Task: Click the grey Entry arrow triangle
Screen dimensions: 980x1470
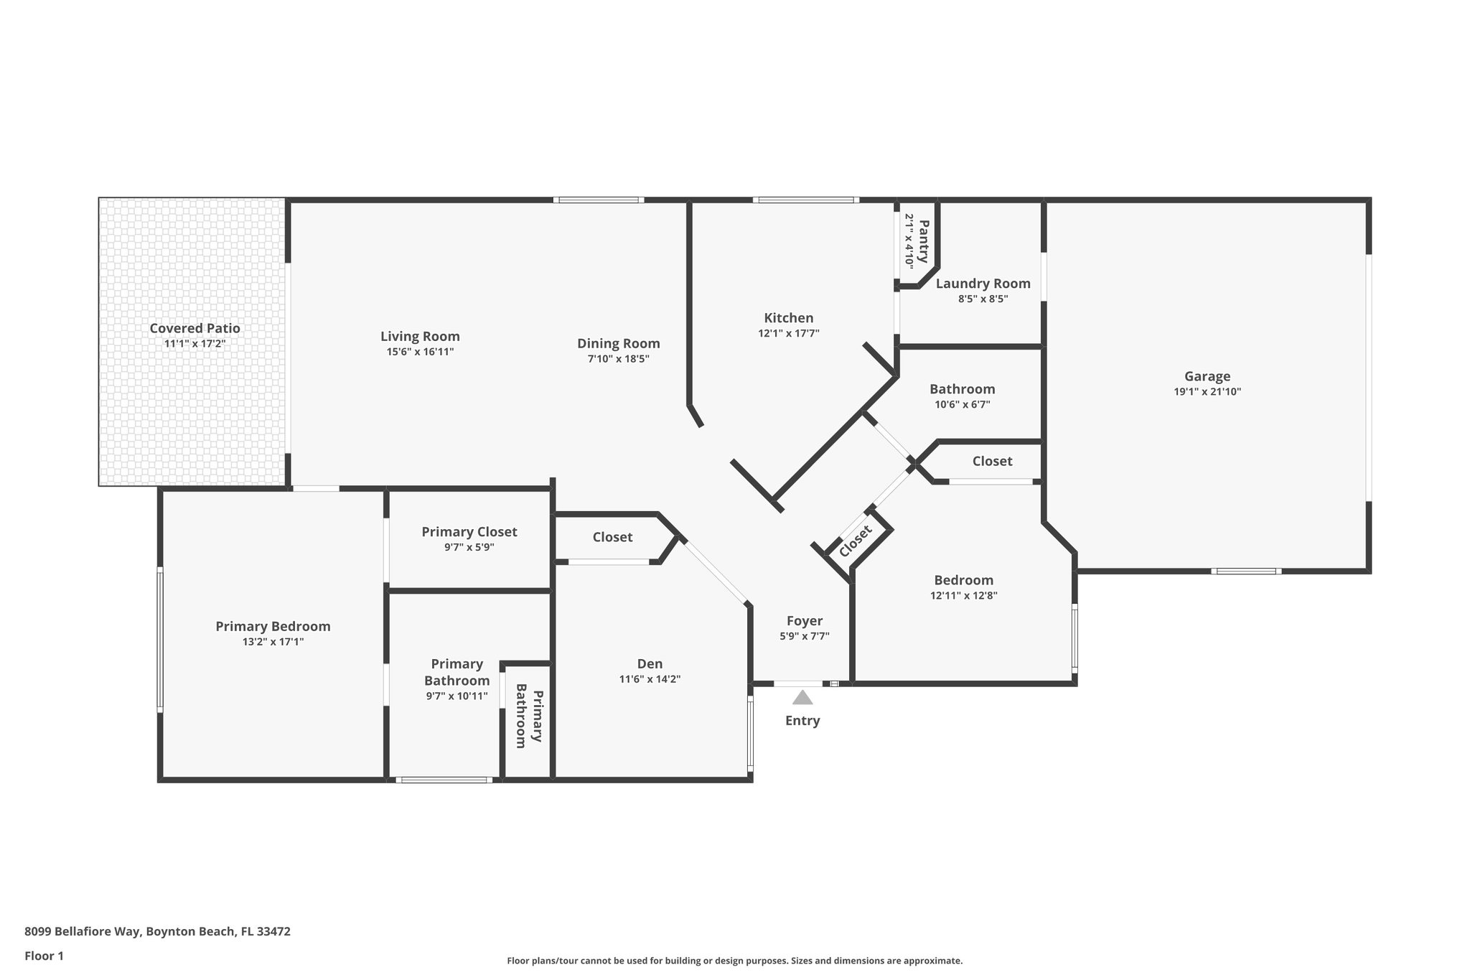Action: (x=802, y=698)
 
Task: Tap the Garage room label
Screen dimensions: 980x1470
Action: (x=1207, y=376)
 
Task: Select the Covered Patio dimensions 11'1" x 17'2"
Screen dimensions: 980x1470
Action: (x=195, y=344)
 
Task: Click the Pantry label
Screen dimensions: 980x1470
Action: (x=924, y=241)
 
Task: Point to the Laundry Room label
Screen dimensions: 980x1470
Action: (x=983, y=284)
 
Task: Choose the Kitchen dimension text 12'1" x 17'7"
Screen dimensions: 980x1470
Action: (x=788, y=333)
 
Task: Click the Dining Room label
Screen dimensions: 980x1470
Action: (x=618, y=343)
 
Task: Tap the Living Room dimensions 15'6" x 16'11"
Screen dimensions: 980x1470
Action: (x=420, y=352)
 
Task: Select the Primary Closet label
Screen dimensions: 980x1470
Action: (x=469, y=532)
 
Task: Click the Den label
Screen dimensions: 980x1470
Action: (x=650, y=664)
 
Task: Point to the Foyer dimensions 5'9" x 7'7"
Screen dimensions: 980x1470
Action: (x=804, y=636)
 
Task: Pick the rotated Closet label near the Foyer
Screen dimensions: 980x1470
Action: (x=855, y=540)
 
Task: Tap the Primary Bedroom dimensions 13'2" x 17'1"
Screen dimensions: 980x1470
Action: (x=273, y=642)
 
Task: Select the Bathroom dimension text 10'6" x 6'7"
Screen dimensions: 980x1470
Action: (x=962, y=404)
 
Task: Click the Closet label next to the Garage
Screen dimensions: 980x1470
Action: (x=992, y=461)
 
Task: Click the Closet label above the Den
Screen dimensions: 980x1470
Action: (x=612, y=537)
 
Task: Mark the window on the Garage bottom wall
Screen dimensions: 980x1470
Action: (x=1246, y=571)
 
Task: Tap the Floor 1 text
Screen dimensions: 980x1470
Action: (x=44, y=956)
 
